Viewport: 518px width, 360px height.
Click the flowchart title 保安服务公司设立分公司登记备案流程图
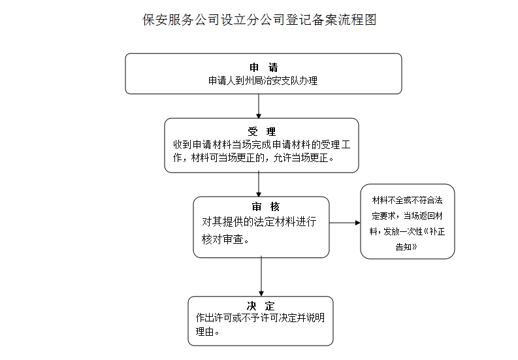click(259, 20)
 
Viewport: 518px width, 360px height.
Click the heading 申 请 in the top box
click(263, 68)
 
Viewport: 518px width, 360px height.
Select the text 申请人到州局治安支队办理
click(263, 80)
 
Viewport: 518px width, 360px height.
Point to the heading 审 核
click(261, 207)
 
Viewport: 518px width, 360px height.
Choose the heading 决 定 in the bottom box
click(261, 306)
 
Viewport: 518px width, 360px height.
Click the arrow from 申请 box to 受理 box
click(259, 106)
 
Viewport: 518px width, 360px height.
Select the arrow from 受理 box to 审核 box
click(259, 184)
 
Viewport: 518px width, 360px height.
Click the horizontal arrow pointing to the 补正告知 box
click(345, 223)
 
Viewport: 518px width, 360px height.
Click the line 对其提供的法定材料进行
click(259, 222)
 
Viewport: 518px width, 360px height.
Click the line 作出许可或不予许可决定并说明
click(260, 318)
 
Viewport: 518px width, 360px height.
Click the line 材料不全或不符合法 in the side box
click(407, 200)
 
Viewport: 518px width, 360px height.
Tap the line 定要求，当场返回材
click(407, 216)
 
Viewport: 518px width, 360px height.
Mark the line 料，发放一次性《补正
click(407, 232)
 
